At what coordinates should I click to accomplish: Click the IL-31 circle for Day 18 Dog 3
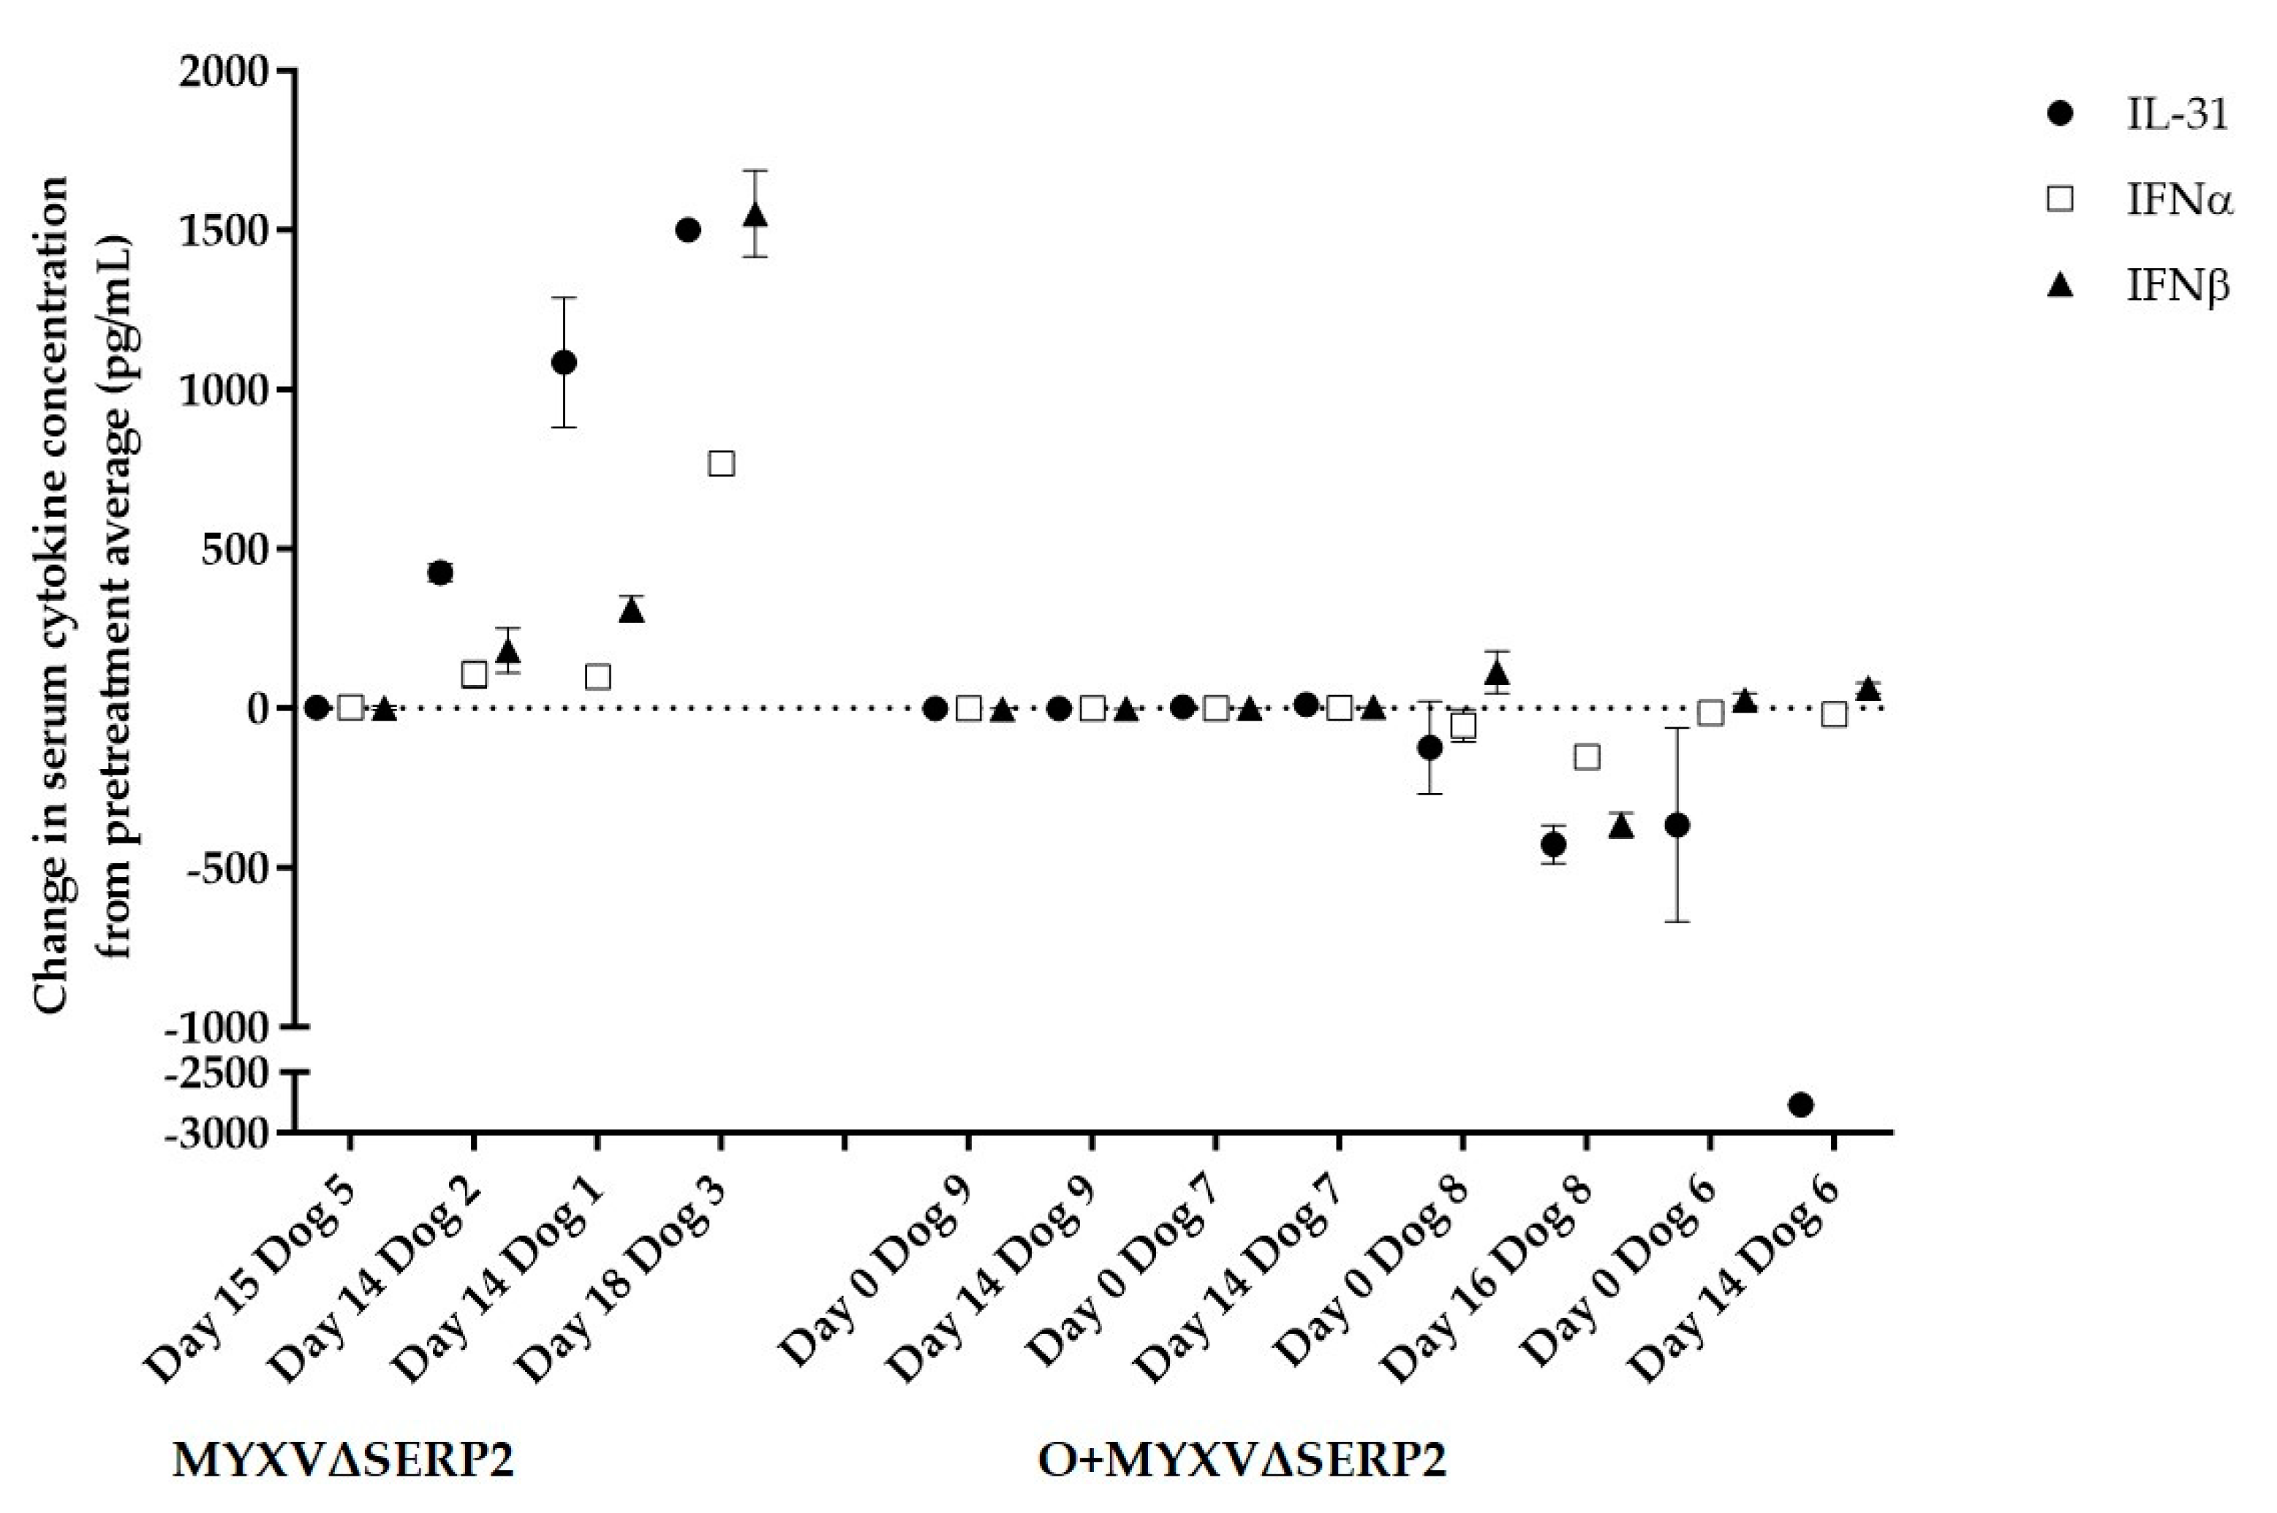[x=688, y=230]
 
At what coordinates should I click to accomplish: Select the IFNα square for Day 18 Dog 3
[x=722, y=463]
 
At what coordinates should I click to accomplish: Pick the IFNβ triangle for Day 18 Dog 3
[x=756, y=215]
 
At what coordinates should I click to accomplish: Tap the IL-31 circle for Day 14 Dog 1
[x=564, y=362]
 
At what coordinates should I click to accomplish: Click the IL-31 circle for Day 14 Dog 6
[x=1800, y=1104]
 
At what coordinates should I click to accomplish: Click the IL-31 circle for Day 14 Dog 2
[x=440, y=572]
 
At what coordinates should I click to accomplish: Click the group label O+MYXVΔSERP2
[x=1242, y=1462]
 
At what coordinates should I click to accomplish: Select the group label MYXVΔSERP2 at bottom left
[x=343, y=1462]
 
